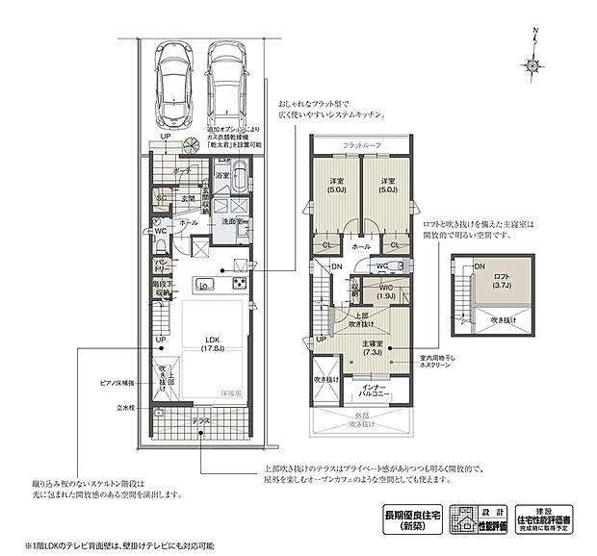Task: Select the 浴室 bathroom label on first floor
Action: click(221, 176)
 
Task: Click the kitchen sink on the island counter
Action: click(204, 284)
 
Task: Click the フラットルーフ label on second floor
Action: click(361, 144)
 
